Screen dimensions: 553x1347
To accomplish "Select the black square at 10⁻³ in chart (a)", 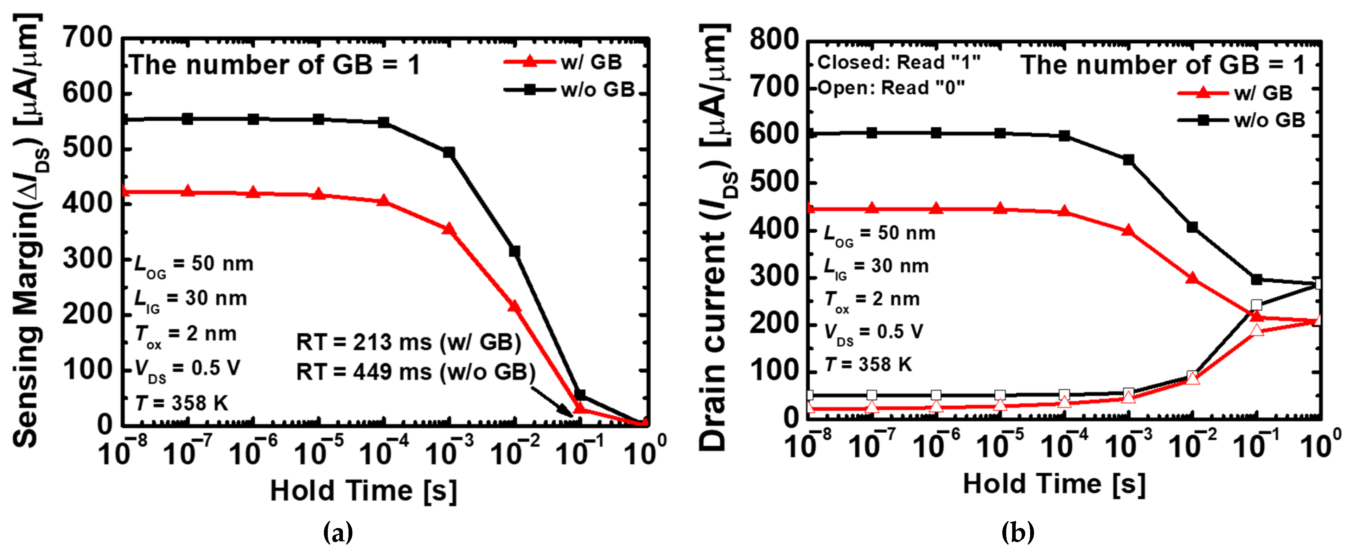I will coord(449,152).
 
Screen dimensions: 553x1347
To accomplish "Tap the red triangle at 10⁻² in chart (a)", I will coord(514,306).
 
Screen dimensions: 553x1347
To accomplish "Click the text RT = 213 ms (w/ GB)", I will coord(408,342).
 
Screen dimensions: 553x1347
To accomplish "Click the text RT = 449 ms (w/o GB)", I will coord(416,372).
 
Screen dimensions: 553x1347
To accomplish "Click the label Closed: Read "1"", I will coord(898,62).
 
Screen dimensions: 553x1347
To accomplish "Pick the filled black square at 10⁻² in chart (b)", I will coord(1192,227).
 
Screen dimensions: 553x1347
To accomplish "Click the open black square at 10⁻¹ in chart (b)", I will coord(1257,305).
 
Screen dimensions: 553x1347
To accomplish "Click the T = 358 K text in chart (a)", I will coord(181,403).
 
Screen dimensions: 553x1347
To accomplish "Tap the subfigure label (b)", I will coord(1017,533).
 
